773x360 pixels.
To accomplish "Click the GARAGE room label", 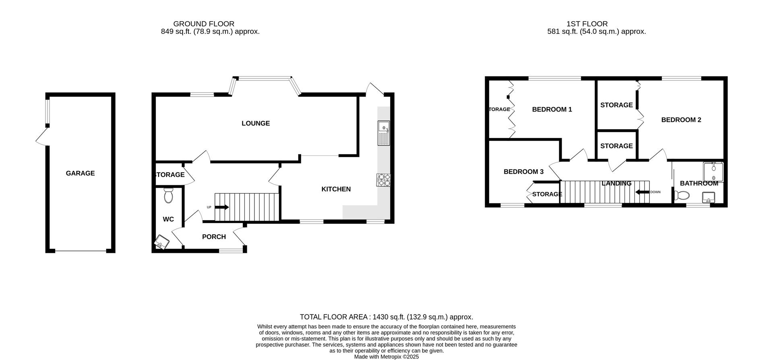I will (80, 173).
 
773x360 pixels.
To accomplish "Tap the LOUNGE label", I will (255, 123).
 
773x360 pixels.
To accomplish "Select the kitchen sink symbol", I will (383, 133).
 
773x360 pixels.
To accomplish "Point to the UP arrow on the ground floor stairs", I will (222, 207).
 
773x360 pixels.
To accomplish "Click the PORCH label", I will (214, 237).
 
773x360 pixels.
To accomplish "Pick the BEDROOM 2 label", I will (681, 120).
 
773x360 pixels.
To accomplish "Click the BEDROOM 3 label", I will (523, 172).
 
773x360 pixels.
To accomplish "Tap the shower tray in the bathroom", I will (713, 172).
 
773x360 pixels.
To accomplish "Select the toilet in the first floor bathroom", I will (681, 196).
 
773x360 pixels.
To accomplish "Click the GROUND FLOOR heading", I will (204, 24).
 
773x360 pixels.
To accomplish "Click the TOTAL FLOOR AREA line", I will (386, 317).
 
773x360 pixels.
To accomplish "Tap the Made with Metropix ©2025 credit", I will (386, 357).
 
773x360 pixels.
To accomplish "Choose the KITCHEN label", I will (336, 189).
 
